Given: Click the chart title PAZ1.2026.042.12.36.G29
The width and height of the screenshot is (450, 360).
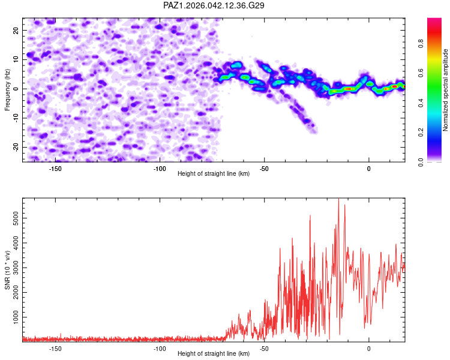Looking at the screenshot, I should click(214, 5).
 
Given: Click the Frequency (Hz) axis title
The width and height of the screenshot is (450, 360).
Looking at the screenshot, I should click(8, 89).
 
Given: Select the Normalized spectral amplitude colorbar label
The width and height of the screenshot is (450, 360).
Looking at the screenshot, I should click(445, 90).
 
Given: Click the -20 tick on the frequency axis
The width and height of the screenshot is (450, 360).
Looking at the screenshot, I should click(14, 147).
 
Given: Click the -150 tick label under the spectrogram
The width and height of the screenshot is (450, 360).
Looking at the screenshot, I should click(55, 169).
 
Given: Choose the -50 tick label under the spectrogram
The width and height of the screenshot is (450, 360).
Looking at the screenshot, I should click(264, 169).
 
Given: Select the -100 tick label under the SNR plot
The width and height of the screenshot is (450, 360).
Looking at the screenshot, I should click(160, 349).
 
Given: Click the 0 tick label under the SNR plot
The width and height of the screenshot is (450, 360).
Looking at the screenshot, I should click(368, 349).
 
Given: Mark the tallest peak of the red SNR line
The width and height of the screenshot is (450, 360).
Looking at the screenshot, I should click(339, 199).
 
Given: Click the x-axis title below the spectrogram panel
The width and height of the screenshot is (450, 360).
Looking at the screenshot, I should click(214, 175).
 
